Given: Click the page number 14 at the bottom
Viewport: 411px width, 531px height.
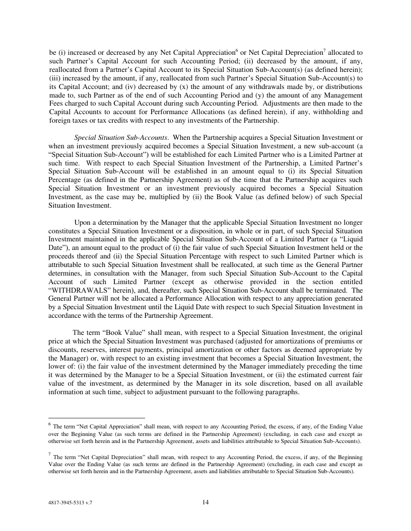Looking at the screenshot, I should click(x=205, y=502).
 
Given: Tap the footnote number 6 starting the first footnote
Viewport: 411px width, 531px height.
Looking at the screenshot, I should click(x=50, y=424).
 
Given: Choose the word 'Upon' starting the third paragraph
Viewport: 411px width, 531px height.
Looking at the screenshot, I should click(x=84, y=222).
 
